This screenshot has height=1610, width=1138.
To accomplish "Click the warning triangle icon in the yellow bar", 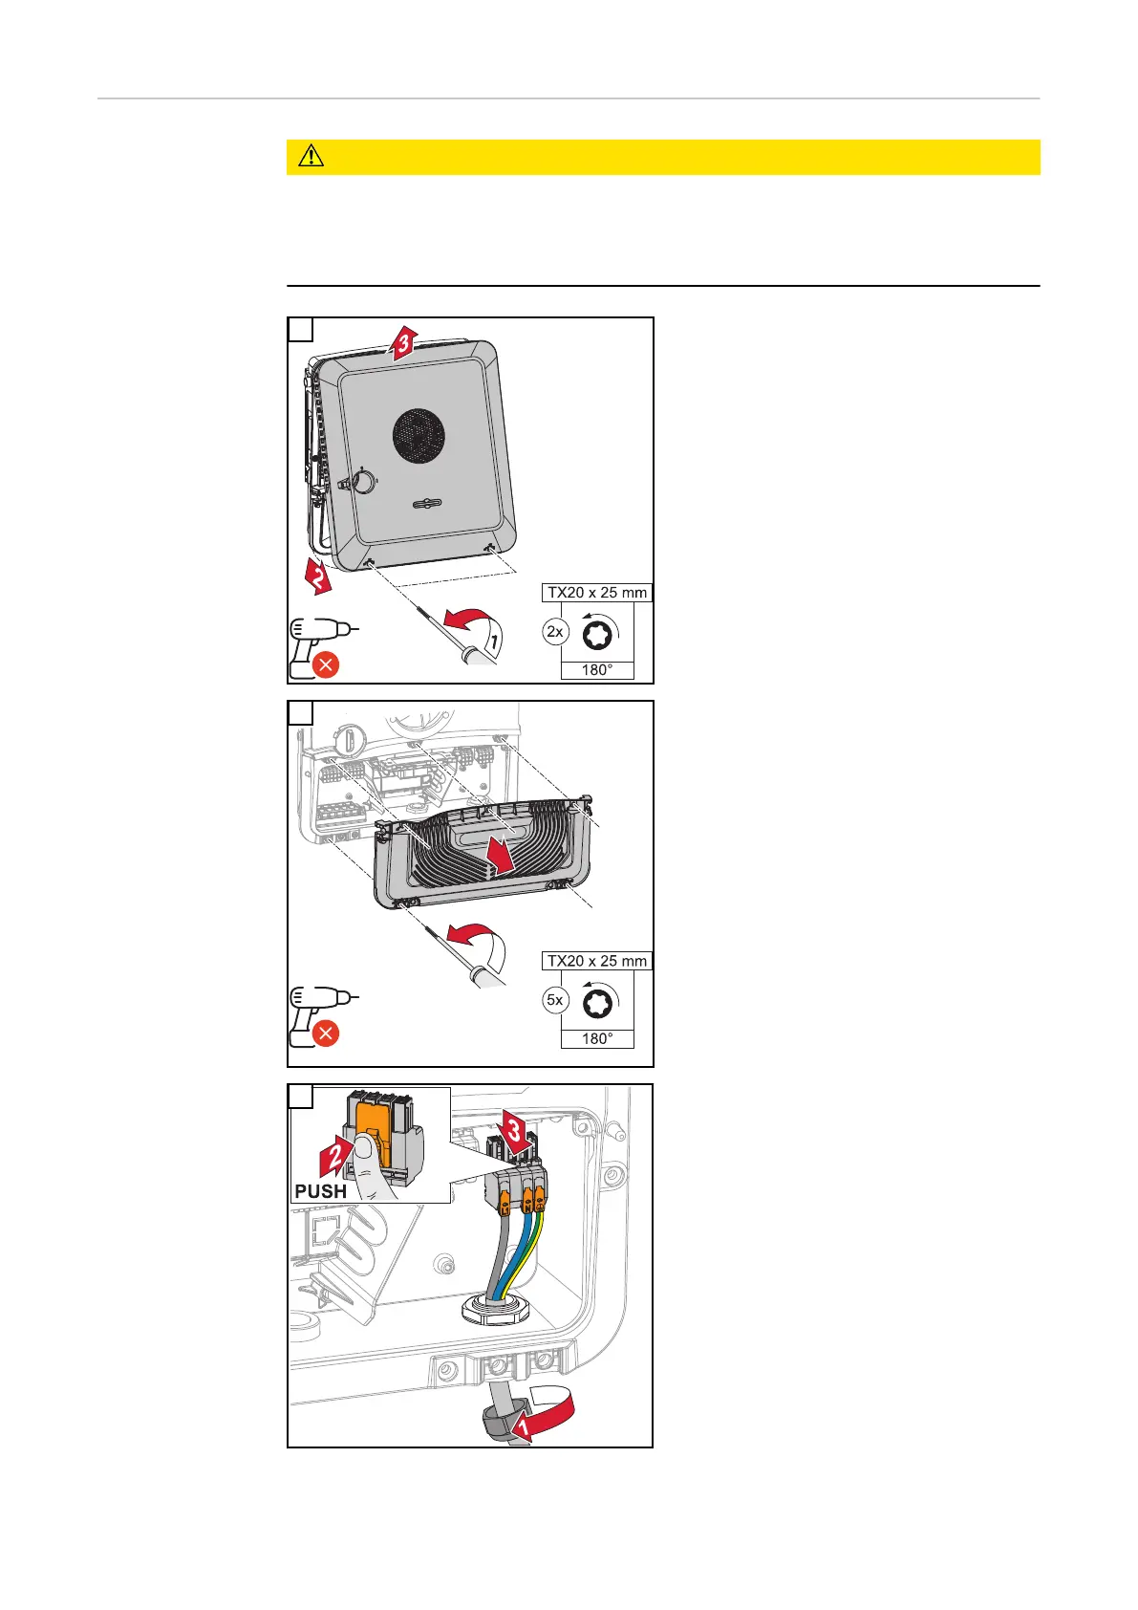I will (311, 157).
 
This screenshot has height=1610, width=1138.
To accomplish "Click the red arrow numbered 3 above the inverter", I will (402, 343).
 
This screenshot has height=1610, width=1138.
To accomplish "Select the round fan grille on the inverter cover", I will (419, 436).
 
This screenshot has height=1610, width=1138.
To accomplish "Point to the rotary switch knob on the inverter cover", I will (363, 481).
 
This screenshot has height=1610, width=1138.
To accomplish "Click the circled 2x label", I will (554, 632).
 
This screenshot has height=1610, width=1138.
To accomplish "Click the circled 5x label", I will (554, 1000).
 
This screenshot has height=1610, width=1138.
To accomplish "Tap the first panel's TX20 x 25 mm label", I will (597, 593).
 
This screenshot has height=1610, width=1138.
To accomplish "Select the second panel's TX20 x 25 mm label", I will (597, 961).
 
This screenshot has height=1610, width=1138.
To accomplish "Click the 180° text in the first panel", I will (597, 670).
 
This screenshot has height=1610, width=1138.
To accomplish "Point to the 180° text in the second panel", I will (597, 1038).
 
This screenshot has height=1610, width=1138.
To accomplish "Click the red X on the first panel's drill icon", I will (326, 664).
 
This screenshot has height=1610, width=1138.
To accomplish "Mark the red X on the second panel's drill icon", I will (326, 1033).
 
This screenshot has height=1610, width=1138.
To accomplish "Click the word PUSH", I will (320, 1191).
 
